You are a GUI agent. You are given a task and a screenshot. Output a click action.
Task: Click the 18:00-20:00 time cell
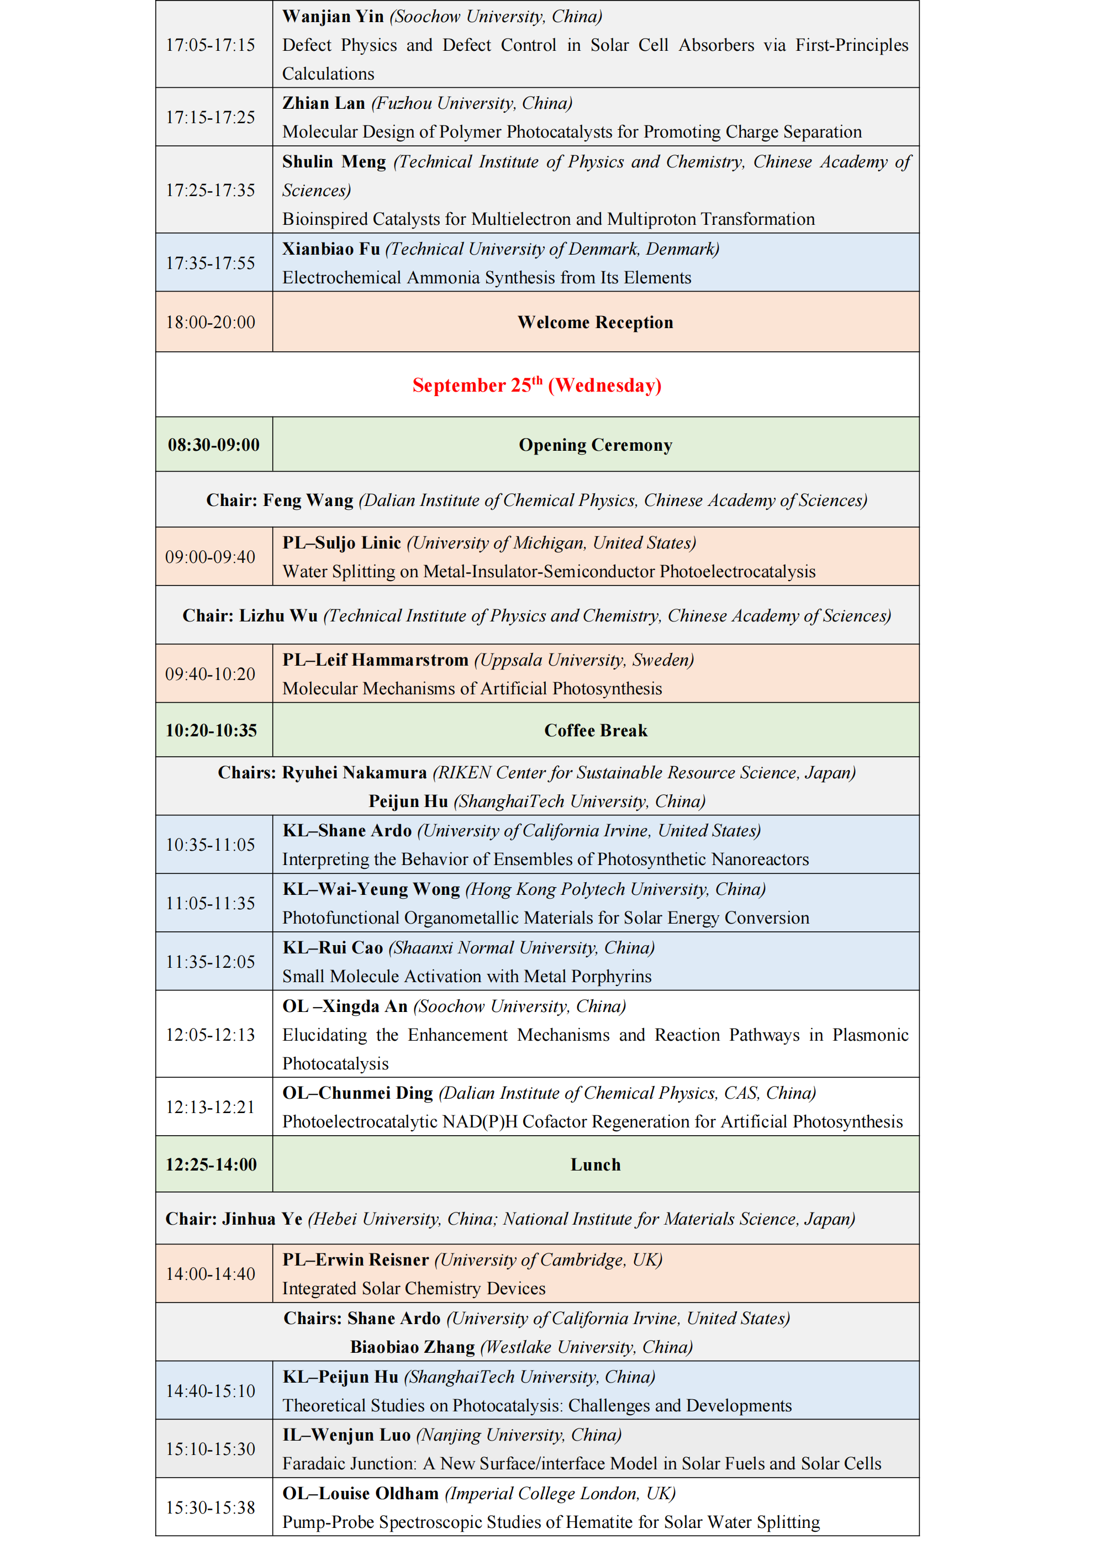tap(210, 322)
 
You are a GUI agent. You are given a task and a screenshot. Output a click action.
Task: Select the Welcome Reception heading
tap(595, 322)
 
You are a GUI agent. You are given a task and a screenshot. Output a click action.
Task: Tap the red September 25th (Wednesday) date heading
tap(537, 385)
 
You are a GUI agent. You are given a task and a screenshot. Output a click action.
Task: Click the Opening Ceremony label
tap(595, 445)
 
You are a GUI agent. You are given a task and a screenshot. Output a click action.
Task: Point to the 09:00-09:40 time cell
tap(210, 557)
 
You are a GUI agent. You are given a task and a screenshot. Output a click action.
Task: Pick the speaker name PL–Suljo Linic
tap(342, 543)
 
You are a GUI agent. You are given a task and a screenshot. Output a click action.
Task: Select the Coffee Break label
tap(595, 730)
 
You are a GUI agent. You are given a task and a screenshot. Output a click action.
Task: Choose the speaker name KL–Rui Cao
tap(332, 948)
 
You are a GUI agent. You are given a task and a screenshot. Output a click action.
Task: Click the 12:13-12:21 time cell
tap(210, 1107)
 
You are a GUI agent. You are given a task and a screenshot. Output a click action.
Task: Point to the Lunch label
tap(595, 1164)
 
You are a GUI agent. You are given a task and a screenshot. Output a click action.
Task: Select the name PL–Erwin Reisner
tap(355, 1259)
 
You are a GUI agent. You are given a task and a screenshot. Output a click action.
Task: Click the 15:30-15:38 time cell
tap(210, 1507)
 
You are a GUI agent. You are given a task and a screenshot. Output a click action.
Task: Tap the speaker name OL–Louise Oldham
tap(361, 1493)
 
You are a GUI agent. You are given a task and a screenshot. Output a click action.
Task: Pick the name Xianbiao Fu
tap(331, 249)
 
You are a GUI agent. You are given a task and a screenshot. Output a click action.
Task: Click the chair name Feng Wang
tap(308, 500)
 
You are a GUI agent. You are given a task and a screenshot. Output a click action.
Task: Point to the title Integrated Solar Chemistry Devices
tap(413, 1288)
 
